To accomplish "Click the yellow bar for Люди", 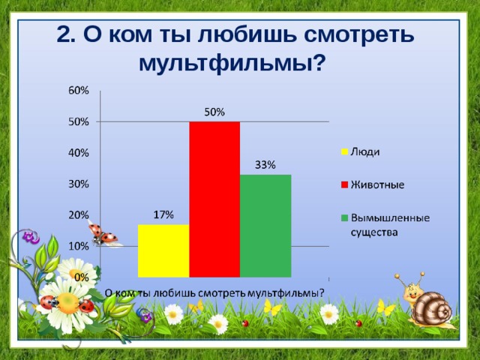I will (x=163, y=250).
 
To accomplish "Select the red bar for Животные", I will (x=214, y=199).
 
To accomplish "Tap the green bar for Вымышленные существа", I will (x=265, y=225).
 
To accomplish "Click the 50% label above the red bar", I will (x=214, y=112).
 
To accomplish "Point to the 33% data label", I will (x=265, y=165).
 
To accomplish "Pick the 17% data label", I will (x=163, y=215).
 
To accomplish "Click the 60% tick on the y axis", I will (x=79, y=90).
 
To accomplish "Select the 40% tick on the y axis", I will (x=79, y=152).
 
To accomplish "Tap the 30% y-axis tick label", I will (x=79, y=184).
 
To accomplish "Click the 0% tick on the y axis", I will (x=82, y=277).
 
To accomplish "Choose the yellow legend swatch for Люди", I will (x=344, y=151).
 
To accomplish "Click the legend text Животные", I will (x=378, y=184).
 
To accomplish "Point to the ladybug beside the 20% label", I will (x=103, y=235).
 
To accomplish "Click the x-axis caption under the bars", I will (x=214, y=292).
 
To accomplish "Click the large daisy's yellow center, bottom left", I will (x=67, y=302).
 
